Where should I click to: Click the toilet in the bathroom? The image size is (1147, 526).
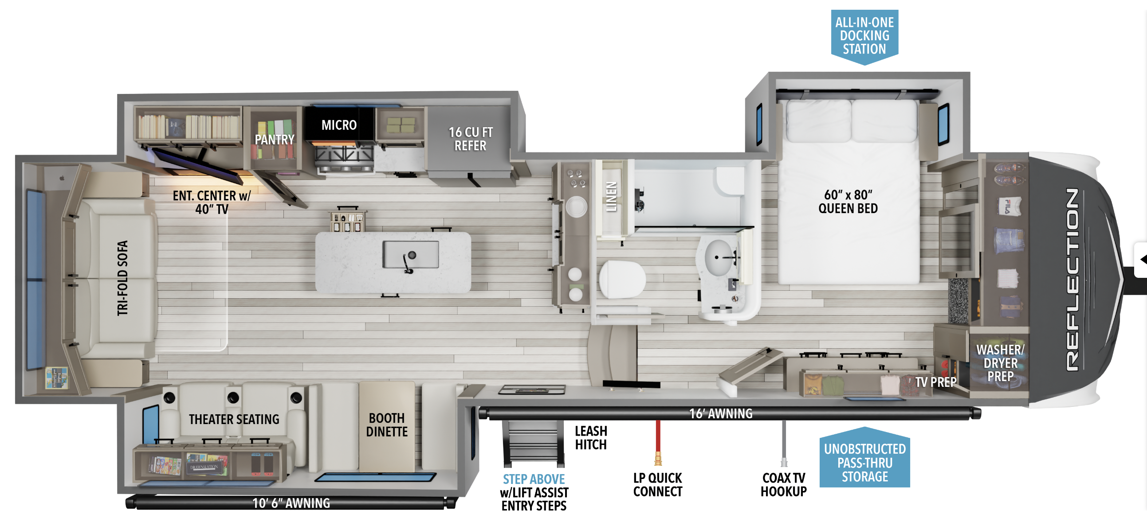621,280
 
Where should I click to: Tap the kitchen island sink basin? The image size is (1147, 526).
411,254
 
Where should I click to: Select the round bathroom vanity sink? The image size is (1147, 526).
718,257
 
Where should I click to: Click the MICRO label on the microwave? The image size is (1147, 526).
339,125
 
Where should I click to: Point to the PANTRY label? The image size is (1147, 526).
274,140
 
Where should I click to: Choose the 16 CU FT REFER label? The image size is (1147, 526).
471,139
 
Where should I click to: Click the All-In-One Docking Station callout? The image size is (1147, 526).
864,36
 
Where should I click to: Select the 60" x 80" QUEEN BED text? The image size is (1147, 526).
848,202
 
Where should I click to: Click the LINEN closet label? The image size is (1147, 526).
612,197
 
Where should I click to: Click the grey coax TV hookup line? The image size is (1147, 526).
784,443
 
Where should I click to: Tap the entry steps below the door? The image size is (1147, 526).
533,442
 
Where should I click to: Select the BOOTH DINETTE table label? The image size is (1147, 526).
386,425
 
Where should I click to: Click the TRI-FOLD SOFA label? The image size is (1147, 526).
122,278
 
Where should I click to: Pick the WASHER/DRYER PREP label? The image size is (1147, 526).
1000,363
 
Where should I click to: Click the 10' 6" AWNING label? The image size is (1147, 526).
291,503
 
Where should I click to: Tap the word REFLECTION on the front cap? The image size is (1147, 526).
1072,280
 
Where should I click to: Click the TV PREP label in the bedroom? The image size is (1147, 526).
935,382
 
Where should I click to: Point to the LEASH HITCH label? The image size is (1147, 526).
591,438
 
